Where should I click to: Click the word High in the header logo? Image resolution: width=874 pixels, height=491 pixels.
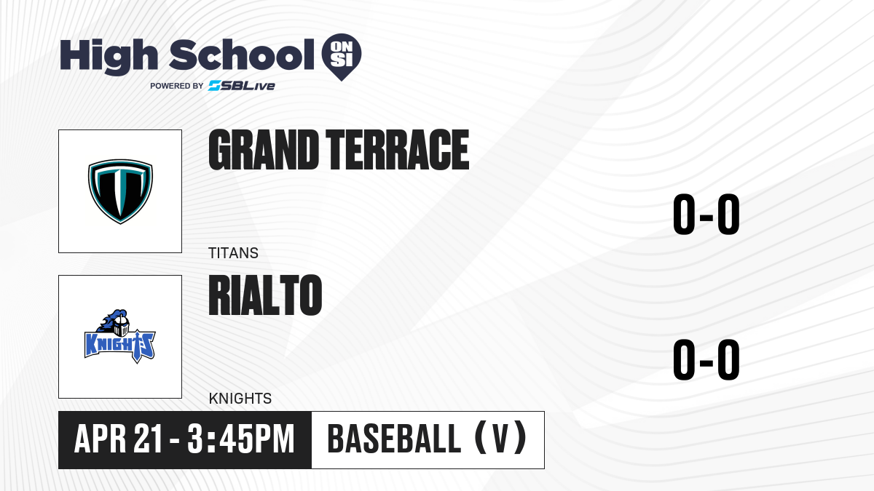pyautogui.click(x=109, y=57)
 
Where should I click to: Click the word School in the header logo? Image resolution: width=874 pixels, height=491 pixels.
pyautogui.click(x=242, y=55)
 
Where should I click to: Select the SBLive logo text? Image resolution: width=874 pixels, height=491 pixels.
pyautogui.click(x=242, y=86)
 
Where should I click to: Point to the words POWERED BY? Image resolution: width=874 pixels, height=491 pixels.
pyautogui.click(x=177, y=86)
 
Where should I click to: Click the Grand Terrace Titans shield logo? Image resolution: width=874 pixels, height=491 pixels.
pyautogui.click(x=120, y=191)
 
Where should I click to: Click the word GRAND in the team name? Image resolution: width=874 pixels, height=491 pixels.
pyautogui.click(x=264, y=150)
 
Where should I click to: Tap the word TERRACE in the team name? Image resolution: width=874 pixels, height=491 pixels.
pyautogui.click(x=397, y=150)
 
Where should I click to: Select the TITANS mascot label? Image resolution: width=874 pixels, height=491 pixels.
pyautogui.click(x=233, y=253)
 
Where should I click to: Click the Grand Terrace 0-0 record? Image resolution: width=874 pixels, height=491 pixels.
pyautogui.click(x=706, y=215)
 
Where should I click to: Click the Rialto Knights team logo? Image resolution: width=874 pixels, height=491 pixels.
pyautogui.click(x=120, y=337)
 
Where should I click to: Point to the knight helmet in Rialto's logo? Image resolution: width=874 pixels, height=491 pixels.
pyautogui.click(x=121, y=326)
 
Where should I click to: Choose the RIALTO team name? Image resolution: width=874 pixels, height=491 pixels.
pyautogui.click(x=265, y=295)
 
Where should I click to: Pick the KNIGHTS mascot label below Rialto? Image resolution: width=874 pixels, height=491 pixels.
pyautogui.click(x=240, y=399)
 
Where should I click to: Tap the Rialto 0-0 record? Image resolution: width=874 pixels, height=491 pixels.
pyautogui.click(x=706, y=359)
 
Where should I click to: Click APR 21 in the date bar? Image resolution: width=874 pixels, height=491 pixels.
pyautogui.click(x=118, y=439)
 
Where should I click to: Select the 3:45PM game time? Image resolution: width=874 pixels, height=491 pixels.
pyautogui.click(x=241, y=439)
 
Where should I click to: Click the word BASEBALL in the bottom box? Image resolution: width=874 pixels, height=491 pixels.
pyautogui.click(x=395, y=439)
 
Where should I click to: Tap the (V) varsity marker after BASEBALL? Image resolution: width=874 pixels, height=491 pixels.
pyautogui.click(x=500, y=439)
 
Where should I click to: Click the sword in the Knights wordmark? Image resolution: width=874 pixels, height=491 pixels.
pyautogui.click(x=138, y=347)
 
